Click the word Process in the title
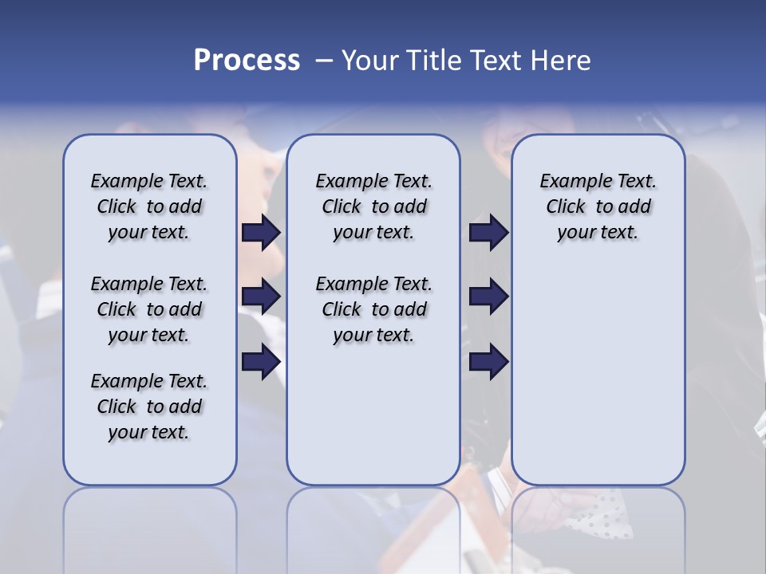[x=246, y=60]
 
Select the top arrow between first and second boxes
[x=261, y=232]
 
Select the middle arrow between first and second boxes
[x=261, y=297]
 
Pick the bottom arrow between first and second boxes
[x=261, y=362]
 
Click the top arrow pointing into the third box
[x=488, y=232]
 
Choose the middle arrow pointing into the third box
[x=488, y=297]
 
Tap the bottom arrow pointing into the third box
[x=488, y=362]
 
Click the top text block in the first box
[x=149, y=206]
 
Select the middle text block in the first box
[x=149, y=309]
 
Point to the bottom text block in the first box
[x=149, y=407]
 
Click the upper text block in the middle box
[x=373, y=206]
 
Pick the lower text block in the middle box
[x=373, y=309]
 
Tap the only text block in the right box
[x=598, y=206]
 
